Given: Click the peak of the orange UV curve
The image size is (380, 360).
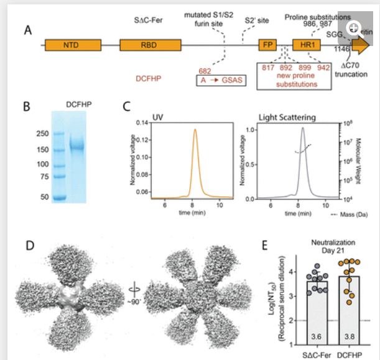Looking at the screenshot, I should (x=195, y=130).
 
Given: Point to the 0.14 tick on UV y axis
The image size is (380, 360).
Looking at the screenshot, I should (x=142, y=123).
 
